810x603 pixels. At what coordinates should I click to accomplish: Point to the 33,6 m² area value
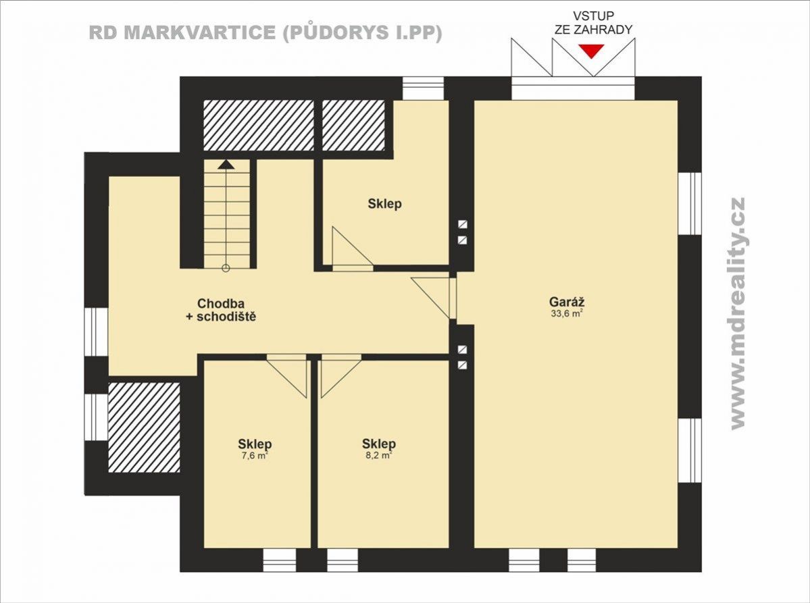coord(567,313)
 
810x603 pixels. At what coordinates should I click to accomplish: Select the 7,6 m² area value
coord(254,455)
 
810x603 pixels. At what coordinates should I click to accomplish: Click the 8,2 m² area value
coord(379,455)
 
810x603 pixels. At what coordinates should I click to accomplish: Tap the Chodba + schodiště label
coord(221,310)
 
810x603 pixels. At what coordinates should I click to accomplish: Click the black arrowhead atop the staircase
coord(225,164)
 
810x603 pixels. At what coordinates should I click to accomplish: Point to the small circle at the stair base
coord(225,268)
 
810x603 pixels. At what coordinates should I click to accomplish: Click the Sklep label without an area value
coord(384,203)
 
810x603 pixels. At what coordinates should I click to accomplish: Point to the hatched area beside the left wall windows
coord(144,427)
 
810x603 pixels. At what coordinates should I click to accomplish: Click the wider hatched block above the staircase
coord(258,125)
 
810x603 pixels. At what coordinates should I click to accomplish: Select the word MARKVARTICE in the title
coord(200,32)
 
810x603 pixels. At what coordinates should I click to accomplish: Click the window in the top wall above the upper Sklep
coord(423,88)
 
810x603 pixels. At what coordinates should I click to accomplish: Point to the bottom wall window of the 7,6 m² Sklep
coord(280,560)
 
